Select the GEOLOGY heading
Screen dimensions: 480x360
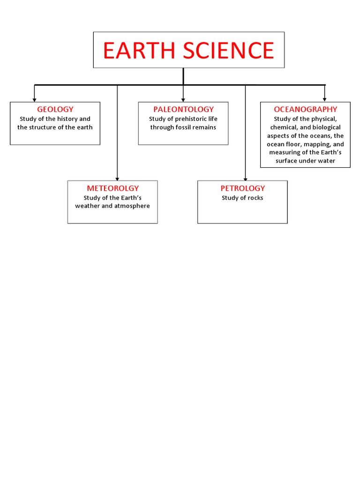pos(55,109)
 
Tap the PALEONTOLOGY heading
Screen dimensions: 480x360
pos(183,109)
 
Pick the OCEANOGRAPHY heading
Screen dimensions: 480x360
pos(305,109)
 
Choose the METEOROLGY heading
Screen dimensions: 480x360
pos(112,188)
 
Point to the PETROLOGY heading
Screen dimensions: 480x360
pos(242,188)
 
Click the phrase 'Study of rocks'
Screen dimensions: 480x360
pos(242,198)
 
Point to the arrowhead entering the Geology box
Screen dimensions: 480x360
pos(34,100)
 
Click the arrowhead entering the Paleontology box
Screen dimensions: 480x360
pos(183,100)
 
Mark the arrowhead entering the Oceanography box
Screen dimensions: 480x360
pos(324,100)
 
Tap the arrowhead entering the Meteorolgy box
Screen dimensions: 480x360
pos(117,179)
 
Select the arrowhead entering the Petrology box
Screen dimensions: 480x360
pos(245,179)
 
